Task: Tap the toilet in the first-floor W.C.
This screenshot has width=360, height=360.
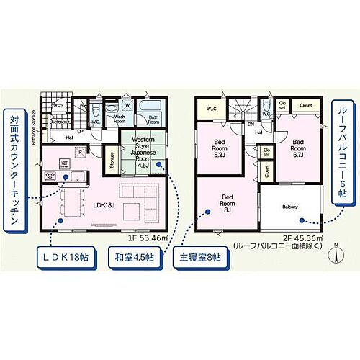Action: pyautogui.click(x=94, y=111)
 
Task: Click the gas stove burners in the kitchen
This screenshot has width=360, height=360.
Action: pyautogui.click(x=50, y=176)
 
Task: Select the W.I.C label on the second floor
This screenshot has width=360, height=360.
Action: pyautogui.click(x=211, y=108)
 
